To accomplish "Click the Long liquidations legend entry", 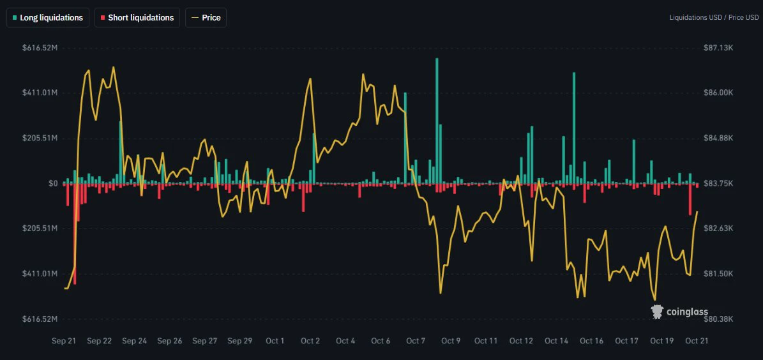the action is point(48,17).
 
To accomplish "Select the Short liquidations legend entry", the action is point(137,17).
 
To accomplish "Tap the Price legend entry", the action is point(206,17).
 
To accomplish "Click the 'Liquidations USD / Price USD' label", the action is point(714,17).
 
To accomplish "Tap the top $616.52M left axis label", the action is point(40,48).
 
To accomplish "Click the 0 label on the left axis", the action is point(52,183).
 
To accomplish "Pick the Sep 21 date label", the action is point(64,341).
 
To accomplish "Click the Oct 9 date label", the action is point(451,341).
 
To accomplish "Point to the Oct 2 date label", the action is point(310,341).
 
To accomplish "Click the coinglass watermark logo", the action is point(679,312).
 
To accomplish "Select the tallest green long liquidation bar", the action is point(437,121).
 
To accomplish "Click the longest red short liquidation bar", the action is point(75,234).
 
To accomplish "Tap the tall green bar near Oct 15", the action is point(574,128).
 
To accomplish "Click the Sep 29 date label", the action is point(240,341).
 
